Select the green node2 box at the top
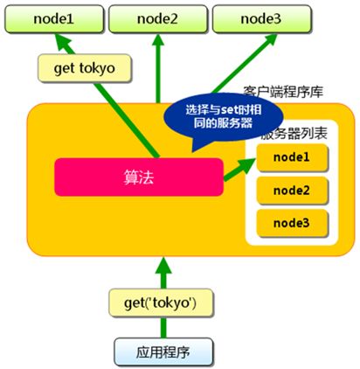pyautogui.click(x=156, y=17)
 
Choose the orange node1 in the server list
pyautogui.click(x=290, y=158)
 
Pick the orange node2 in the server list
pyautogui.click(x=290, y=189)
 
